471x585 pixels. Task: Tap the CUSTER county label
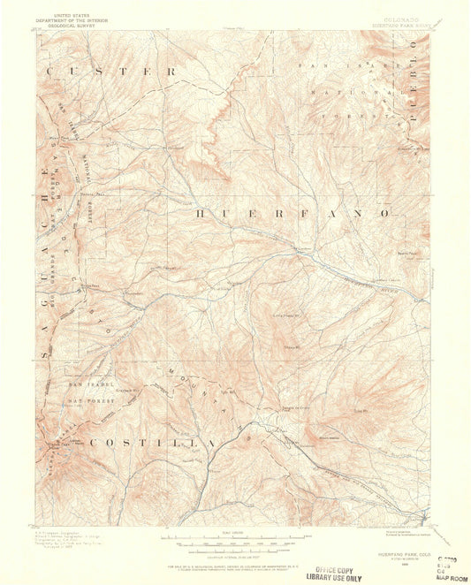111,71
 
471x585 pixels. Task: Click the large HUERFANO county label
291,214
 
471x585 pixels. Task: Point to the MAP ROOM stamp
414,577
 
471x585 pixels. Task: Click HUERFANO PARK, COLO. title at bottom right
396,553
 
